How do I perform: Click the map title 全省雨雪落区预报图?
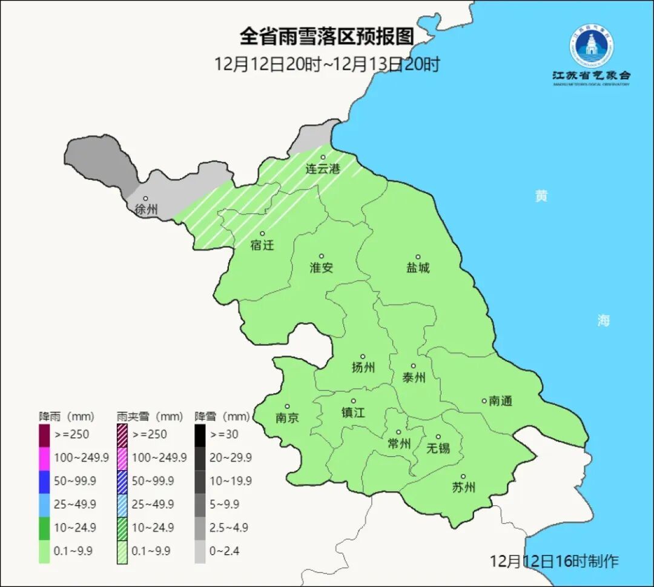click(327, 37)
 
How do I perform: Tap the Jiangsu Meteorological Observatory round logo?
click(591, 45)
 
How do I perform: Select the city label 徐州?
click(146, 210)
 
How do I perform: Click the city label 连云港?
click(322, 169)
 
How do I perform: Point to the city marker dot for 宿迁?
click(262, 234)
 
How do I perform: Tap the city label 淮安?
click(322, 268)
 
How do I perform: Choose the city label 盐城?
click(418, 268)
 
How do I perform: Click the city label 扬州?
click(363, 368)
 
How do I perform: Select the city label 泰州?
click(414, 377)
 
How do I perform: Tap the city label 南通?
click(501, 401)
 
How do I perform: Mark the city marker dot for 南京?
click(287, 407)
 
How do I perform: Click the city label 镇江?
click(354, 413)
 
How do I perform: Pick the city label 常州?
click(399, 444)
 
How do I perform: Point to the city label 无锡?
click(438, 448)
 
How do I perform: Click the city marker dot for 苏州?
click(463, 477)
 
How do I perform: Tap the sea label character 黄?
click(541, 196)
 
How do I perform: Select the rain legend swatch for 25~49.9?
click(44, 504)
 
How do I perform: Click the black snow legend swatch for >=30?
click(200, 434)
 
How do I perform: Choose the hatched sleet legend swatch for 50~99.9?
click(122, 481)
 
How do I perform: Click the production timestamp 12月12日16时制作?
click(554, 561)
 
